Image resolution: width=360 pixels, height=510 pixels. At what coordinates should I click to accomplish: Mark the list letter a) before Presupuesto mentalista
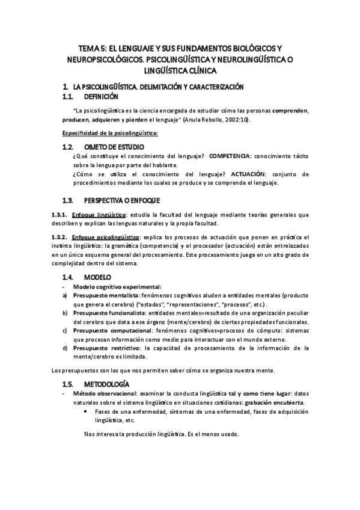click(x=65, y=296)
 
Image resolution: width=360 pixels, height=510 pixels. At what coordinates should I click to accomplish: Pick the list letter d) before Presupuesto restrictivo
click(x=65, y=348)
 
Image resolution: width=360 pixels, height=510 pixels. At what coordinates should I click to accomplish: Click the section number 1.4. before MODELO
click(x=70, y=277)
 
